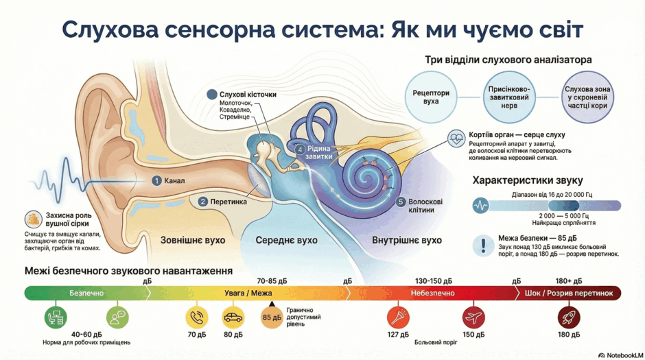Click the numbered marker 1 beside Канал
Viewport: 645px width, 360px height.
(x=156, y=180)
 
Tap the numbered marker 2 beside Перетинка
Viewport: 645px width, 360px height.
(x=203, y=202)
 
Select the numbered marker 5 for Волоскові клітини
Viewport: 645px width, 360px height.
(x=401, y=202)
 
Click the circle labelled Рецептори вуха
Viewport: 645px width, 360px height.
(x=431, y=97)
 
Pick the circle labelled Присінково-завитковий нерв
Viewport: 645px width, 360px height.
(x=509, y=97)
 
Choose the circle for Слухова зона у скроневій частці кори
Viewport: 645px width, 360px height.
(x=587, y=97)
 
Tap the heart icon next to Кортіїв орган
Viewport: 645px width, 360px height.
(x=456, y=139)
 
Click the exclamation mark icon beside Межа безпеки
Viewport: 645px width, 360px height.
(x=483, y=245)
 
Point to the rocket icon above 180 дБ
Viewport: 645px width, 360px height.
(x=568, y=317)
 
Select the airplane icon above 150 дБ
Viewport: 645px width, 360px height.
(x=473, y=317)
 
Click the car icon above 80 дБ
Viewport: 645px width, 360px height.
(x=233, y=317)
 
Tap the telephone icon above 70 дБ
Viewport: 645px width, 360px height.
(x=197, y=317)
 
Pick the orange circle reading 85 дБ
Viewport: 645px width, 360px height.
(x=272, y=317)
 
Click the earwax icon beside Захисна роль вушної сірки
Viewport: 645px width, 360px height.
(x=33, y=219)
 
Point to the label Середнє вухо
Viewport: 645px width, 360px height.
(x=286, y=240)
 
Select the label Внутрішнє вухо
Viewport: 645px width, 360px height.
(x=407, y=240)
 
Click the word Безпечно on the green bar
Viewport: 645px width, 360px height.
(x=86, y=293)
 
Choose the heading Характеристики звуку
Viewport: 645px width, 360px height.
(x=528, y=180)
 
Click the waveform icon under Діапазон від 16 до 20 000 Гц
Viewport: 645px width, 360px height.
(x=480, y=205)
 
